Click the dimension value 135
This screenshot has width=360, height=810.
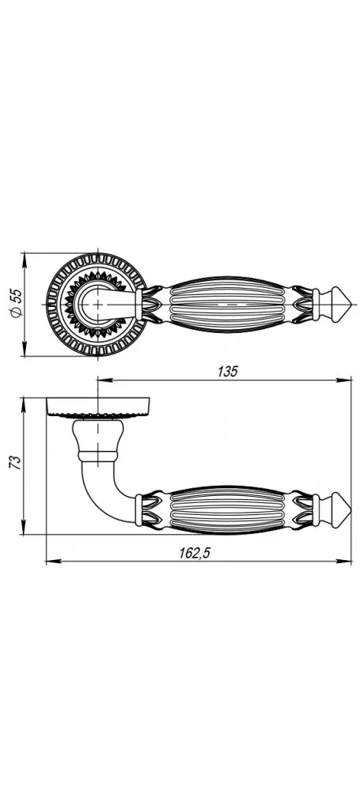[x=228, y=372]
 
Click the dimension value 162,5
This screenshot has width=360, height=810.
[x=195, y=553]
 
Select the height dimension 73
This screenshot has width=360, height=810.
[x=16, y=462]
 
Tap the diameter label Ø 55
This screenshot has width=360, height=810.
[x=16, y=303]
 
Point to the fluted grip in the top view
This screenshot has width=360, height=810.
[x=228, y=305]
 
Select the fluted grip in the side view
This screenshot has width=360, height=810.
[x=228, y=509]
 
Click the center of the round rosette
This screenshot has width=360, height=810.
[x=97, y=305]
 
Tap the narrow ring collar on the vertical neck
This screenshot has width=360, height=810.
[x=97, y=456]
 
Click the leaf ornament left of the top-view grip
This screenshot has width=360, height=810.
[x=153, y=305]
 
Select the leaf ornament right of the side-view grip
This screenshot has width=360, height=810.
[x=301, y=509]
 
